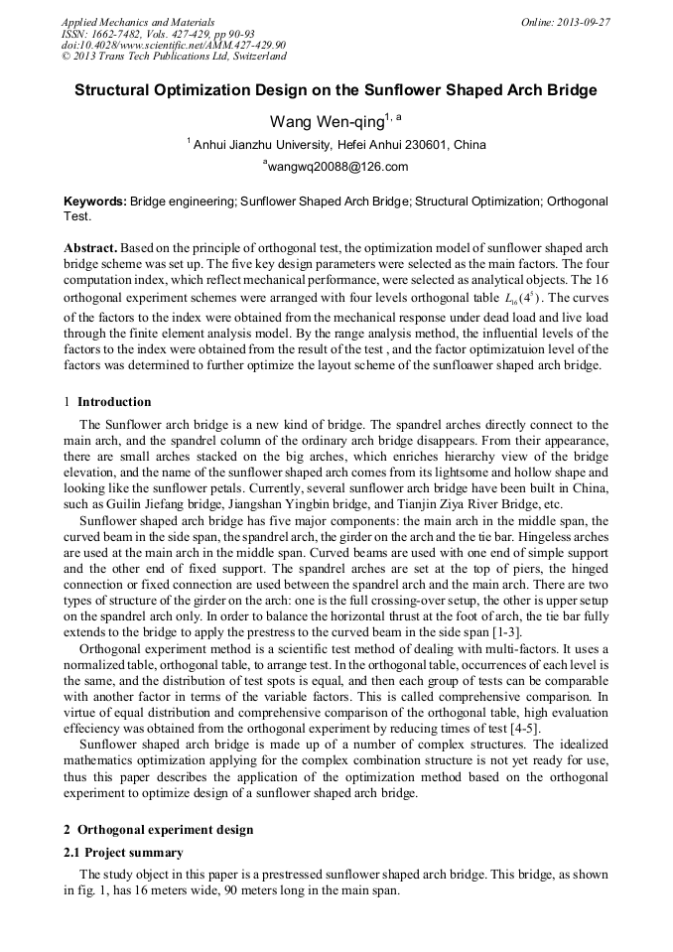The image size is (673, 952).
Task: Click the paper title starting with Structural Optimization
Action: [336, 90]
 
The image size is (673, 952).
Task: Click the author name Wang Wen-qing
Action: [329, 122]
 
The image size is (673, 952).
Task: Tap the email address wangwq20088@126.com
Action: [336, 167]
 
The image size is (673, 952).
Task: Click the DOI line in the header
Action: [174, 45]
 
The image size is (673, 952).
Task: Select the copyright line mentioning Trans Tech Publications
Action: [174, 57]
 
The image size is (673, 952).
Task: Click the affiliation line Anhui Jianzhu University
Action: [336, 145]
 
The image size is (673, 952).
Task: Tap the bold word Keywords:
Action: [95, 202]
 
